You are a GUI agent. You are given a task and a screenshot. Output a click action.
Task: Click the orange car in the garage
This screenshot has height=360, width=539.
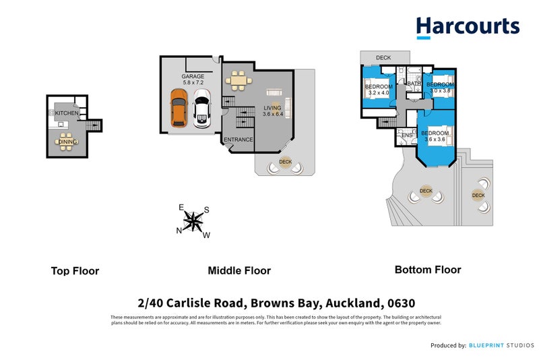coord(179,111)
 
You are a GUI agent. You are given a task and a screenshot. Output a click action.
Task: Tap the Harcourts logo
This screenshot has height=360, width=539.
coord(468,27)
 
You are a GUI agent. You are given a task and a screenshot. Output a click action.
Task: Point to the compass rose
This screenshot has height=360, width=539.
coord(194,221)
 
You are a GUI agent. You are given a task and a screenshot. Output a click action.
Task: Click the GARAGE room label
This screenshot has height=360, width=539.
coord(193,76)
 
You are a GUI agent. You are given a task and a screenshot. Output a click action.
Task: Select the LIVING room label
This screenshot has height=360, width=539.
coord(272,108)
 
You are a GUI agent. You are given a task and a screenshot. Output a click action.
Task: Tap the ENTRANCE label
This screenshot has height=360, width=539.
coord(238,140)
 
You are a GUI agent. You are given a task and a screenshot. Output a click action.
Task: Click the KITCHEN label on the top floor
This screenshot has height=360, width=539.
coord(67,113)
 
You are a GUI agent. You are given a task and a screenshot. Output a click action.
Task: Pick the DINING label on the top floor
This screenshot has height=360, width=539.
coord(67,142)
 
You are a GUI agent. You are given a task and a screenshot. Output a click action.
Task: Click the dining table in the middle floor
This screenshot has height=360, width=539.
coord(237,82)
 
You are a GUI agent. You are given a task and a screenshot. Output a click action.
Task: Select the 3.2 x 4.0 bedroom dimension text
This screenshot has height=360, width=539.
coord(377,93)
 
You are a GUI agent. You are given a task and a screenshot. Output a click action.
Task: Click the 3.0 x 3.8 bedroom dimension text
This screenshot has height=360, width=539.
coord(442,90)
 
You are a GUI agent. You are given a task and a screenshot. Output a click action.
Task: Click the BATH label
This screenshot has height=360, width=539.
coord(414,84)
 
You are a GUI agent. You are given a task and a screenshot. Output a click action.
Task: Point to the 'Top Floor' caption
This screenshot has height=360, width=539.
coord(75,271)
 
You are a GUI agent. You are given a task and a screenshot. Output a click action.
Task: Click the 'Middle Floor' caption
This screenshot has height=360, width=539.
coord(239,270)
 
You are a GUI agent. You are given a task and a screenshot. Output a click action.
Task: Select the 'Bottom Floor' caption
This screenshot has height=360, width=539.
coord(428,270)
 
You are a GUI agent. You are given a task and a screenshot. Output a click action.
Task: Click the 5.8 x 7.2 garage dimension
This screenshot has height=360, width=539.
coord(193,84)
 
